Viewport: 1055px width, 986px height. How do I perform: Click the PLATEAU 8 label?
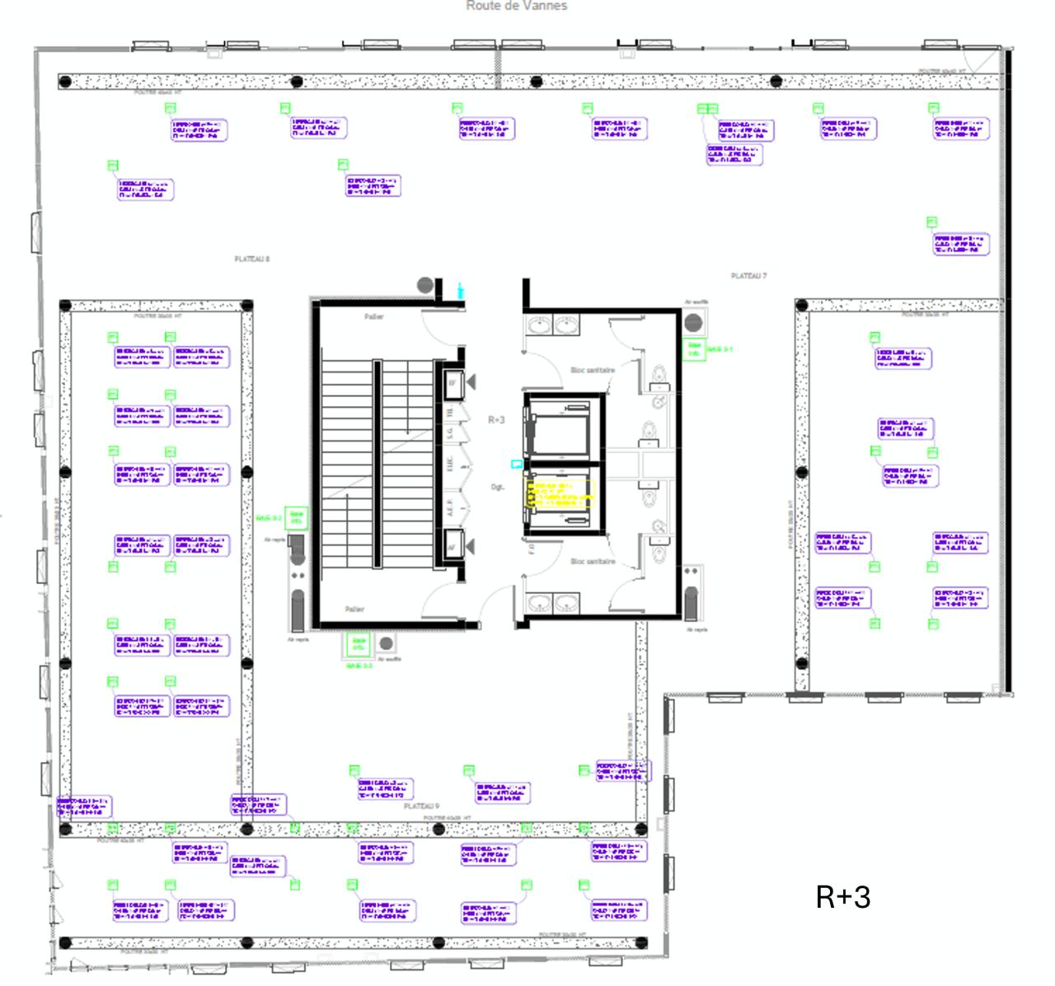point(252,259)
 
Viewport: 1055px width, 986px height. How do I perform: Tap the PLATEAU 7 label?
point(748,276)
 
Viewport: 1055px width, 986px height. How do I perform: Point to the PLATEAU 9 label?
point(421,806)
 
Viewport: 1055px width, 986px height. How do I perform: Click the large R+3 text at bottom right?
point(842,897)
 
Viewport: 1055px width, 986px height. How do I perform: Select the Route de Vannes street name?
point(517,6)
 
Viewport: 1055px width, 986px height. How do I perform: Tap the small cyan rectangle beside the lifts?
point(517,465)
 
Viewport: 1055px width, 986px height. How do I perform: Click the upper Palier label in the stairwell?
point(374,317)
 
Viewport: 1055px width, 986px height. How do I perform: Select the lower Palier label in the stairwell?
point(354,610)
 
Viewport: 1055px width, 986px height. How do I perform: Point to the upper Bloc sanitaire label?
point(593,371)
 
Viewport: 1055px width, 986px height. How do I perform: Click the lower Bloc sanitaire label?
point(593,562)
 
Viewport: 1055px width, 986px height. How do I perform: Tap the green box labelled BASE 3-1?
point(694,349)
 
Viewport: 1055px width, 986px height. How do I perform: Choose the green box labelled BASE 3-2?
point(297,518)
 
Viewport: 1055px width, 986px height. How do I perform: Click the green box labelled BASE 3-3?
point(358,643)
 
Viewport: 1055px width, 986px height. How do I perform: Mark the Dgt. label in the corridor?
point(498,488)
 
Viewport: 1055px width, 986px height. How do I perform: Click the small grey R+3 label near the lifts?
point(496,420)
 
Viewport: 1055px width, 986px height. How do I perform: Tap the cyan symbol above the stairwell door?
point(460,290)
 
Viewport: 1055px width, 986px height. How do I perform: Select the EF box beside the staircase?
point(452,383)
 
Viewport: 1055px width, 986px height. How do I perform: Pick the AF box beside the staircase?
point(452,545)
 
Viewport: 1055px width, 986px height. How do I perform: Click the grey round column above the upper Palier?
point(425,286)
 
